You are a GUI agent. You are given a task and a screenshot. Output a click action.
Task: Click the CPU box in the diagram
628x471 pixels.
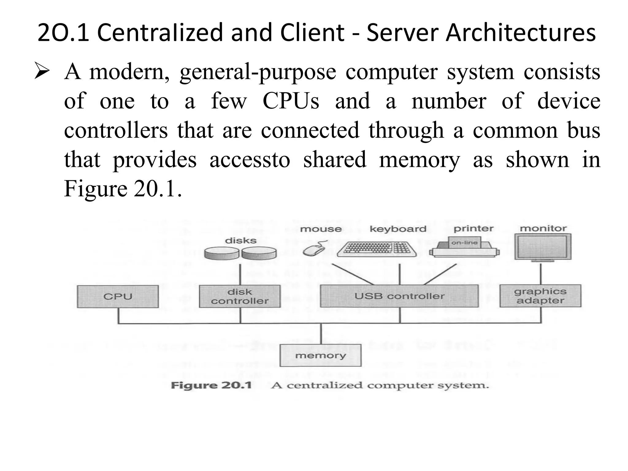118,297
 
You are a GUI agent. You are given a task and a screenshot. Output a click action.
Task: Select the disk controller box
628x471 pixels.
240,297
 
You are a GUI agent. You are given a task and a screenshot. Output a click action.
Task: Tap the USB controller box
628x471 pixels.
399,296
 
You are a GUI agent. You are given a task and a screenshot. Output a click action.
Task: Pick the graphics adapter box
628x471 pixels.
540,296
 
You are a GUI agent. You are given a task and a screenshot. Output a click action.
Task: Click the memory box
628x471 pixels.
320,355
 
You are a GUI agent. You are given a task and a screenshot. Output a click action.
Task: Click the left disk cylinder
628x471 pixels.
222,253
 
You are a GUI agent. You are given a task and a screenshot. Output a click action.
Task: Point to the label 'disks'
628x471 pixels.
241,241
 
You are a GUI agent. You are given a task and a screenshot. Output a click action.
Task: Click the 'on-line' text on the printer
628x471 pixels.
464,243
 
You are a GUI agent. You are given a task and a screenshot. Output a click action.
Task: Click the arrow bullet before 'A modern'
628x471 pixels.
42,71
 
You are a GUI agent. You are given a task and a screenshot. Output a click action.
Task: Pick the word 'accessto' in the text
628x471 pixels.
250,160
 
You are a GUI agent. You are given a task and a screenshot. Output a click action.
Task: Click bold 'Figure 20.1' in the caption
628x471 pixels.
211,385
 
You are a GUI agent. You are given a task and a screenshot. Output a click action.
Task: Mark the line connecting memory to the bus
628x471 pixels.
321,334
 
